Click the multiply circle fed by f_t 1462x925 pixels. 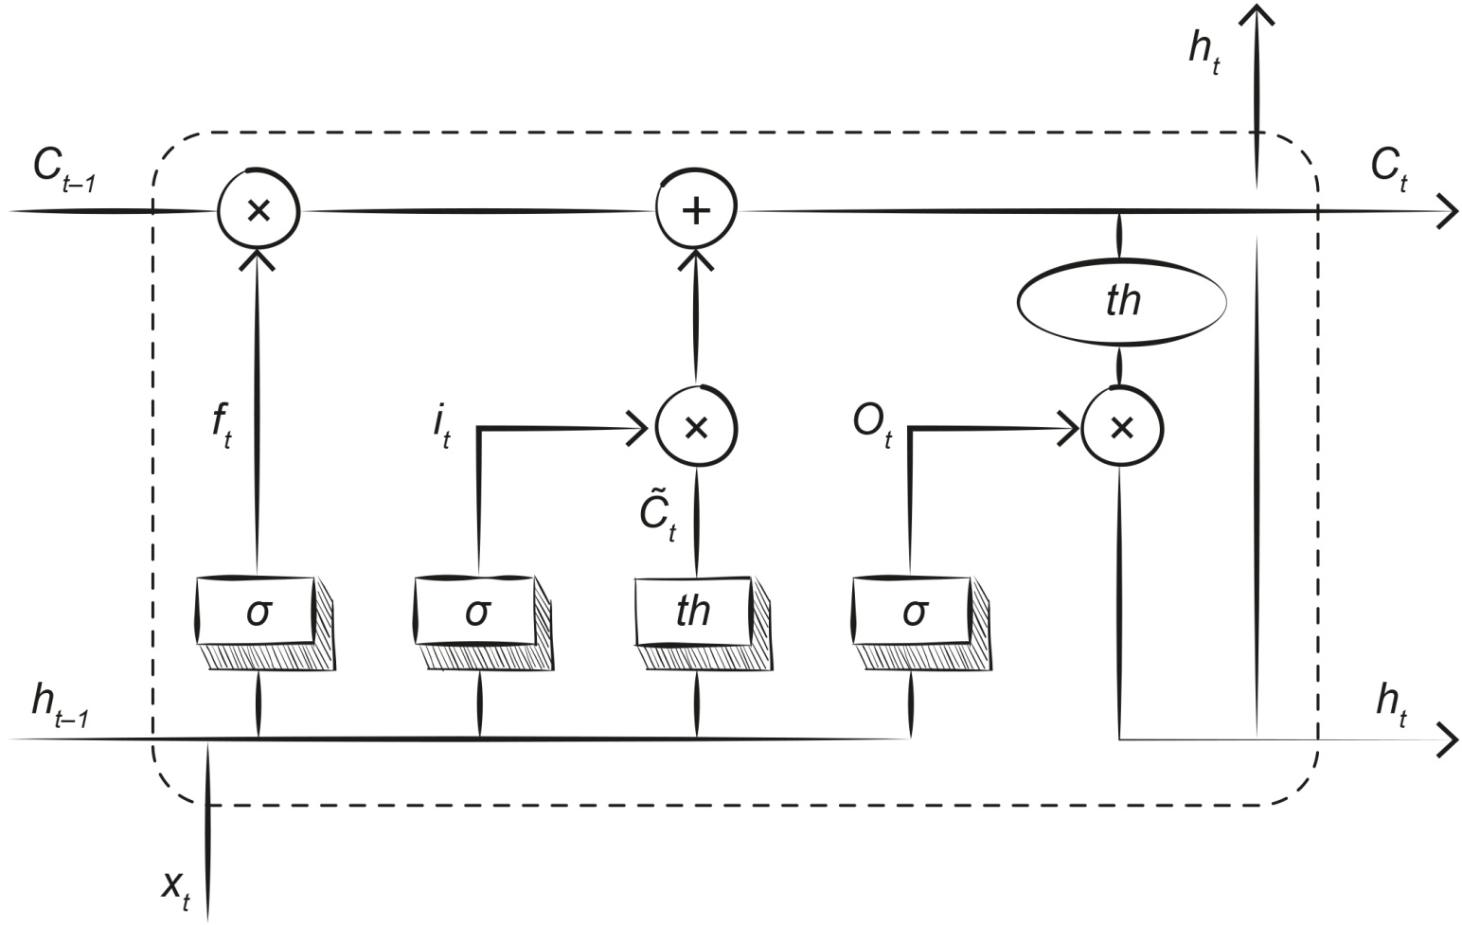[x=258, y=209]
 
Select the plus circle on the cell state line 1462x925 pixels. [x=697, y=209]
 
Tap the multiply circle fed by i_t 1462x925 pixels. [x=697, y=428]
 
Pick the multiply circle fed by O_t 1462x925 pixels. [x=1122, y=428]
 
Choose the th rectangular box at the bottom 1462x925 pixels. [x=693, y=611]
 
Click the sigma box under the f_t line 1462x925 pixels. [x=258, y=611]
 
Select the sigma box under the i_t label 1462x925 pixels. [x=476, y=611]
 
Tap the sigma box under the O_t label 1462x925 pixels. [x=913, y=611]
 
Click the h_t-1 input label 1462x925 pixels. [x=60, y=705]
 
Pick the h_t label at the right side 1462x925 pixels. [x=1391, y=705]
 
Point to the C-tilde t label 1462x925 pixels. [x=657, y=516]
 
